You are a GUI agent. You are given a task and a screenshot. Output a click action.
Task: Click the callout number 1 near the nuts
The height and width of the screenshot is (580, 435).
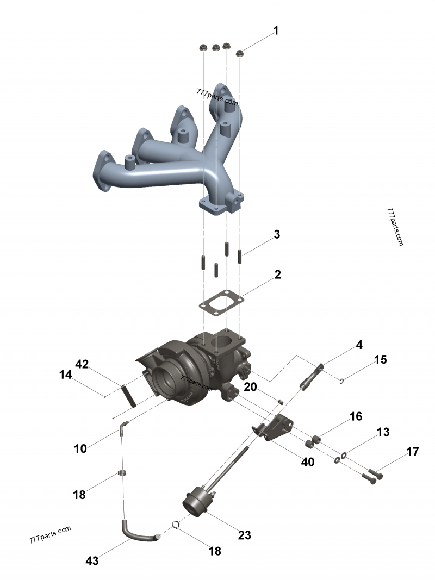tap(276, 31)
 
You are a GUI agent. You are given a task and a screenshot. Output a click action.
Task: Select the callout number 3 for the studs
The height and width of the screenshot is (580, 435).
tap(277, 235)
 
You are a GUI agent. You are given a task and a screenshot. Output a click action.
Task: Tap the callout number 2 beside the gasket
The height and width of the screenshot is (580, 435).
tap(277, 275)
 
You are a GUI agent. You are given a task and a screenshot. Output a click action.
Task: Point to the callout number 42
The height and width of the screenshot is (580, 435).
tap(82, 364)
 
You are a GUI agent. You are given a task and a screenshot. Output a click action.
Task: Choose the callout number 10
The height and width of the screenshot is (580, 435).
tap(80, 448)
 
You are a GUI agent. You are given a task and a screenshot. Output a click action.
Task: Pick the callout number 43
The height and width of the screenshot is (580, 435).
tap(93, 560)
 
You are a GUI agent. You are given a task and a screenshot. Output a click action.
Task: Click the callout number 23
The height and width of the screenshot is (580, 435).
tap(245, 535)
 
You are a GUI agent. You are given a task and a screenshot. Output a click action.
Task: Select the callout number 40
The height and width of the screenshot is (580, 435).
tap(308, 462)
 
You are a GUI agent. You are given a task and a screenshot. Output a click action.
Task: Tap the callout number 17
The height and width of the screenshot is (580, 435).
tap(412, 451)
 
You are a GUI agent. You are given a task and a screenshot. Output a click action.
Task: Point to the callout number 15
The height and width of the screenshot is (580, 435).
tap(380, 359)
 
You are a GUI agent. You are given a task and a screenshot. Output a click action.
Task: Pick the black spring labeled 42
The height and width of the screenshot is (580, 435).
tap(128, 395)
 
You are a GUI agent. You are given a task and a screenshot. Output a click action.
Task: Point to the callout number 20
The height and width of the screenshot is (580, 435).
tap(250, 386)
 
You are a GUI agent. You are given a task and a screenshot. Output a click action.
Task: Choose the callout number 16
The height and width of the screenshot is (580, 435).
tap(356, 416)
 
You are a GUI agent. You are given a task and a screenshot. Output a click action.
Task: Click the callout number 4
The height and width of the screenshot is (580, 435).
tap(359, 345)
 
